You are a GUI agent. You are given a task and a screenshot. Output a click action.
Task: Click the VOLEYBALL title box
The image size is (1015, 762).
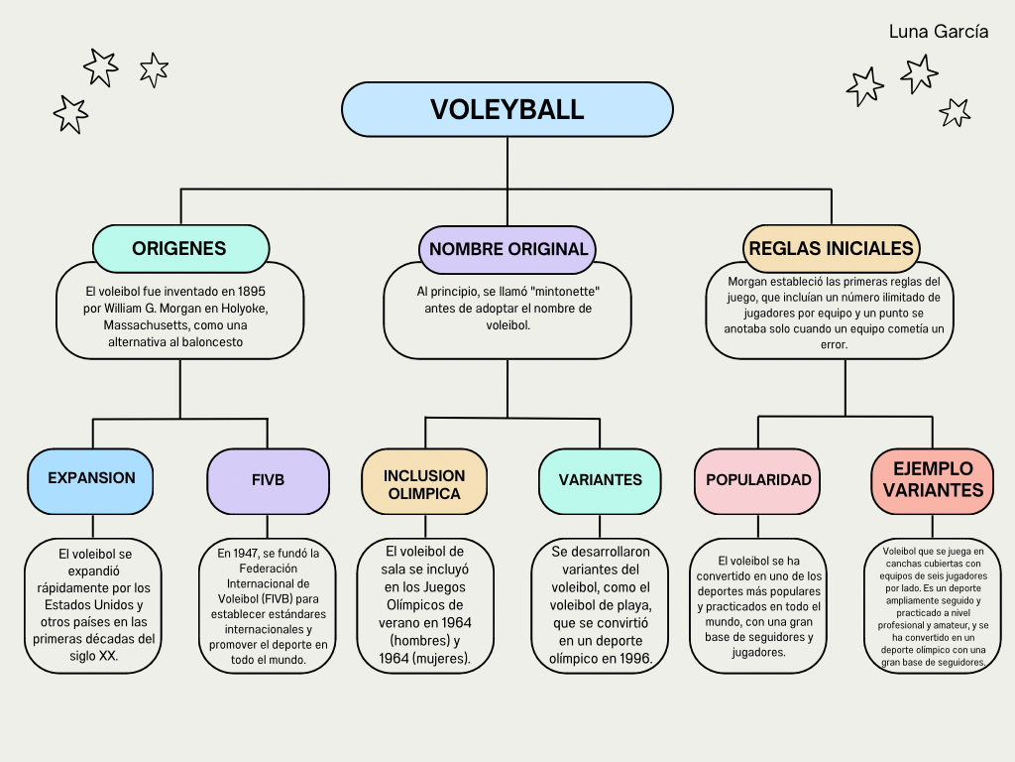click(507, 109)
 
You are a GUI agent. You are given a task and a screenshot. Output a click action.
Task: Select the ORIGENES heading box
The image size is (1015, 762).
click(179, 248)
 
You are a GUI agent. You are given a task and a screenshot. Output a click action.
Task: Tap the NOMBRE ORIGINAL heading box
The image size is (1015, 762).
click(508, 249)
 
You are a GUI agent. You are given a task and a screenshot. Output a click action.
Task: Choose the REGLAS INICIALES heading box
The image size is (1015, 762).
click(831, 248)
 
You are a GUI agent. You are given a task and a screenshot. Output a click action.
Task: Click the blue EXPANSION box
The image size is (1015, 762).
click(91, 478)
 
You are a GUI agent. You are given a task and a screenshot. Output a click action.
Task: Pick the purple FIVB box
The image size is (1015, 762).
click(268, 480)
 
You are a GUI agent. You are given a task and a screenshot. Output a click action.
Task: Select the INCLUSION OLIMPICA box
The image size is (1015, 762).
click(424, 484)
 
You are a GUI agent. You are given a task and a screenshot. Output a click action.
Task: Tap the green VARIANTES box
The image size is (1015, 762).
click(601, 480)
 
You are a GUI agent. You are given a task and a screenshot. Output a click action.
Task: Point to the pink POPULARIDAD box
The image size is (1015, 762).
click(758, 480)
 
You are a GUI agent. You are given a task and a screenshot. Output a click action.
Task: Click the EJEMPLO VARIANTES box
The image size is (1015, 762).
click(933, 479)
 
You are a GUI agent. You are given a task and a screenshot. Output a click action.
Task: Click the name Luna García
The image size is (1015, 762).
click(938, 32)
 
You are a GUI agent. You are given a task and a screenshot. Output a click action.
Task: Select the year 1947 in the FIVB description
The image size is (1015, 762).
click(248, 553)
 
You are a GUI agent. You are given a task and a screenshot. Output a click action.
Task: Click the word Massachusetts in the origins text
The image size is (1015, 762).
click(145, 325)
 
